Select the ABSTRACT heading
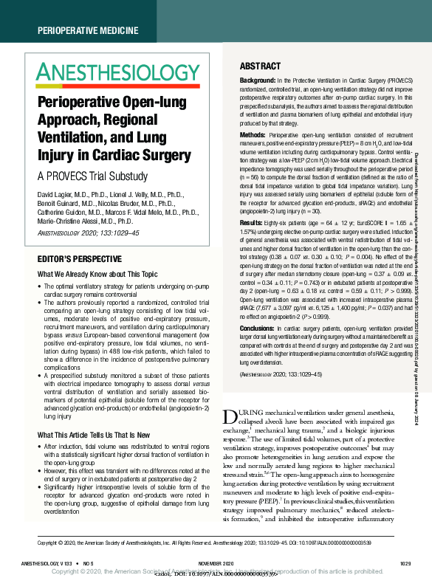point(260,65)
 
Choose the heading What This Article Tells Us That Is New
point(100,436)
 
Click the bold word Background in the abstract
point(257,78)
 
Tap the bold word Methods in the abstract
point(253,135)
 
